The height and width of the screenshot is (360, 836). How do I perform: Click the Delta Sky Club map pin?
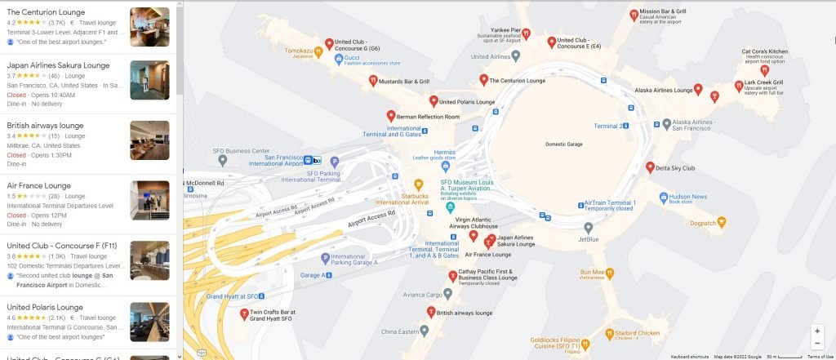pos(651,168)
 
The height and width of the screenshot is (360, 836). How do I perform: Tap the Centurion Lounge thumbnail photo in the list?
pos(149,27)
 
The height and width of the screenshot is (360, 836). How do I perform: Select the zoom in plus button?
pos(817,331)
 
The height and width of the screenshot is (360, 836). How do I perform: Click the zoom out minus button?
pos(817,344)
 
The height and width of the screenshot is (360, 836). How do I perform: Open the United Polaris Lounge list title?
pos(45,307)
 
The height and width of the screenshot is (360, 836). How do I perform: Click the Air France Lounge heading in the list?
pos(38,185)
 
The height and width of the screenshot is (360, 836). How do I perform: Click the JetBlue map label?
pos(588,239)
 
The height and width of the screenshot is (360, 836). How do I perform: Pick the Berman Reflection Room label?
pos(428,117)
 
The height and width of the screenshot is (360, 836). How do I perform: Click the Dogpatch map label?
pos(703,223)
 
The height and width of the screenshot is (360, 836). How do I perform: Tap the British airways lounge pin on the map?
pos(431,311)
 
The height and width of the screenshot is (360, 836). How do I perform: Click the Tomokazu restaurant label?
pos(298,51)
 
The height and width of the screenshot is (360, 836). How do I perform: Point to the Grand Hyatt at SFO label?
pos(232,296)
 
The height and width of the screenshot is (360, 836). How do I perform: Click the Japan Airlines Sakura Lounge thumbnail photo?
pos(149,80)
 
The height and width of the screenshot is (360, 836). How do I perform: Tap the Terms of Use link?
pos(820,357)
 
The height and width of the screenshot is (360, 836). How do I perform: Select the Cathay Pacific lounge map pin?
pos(452,276)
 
